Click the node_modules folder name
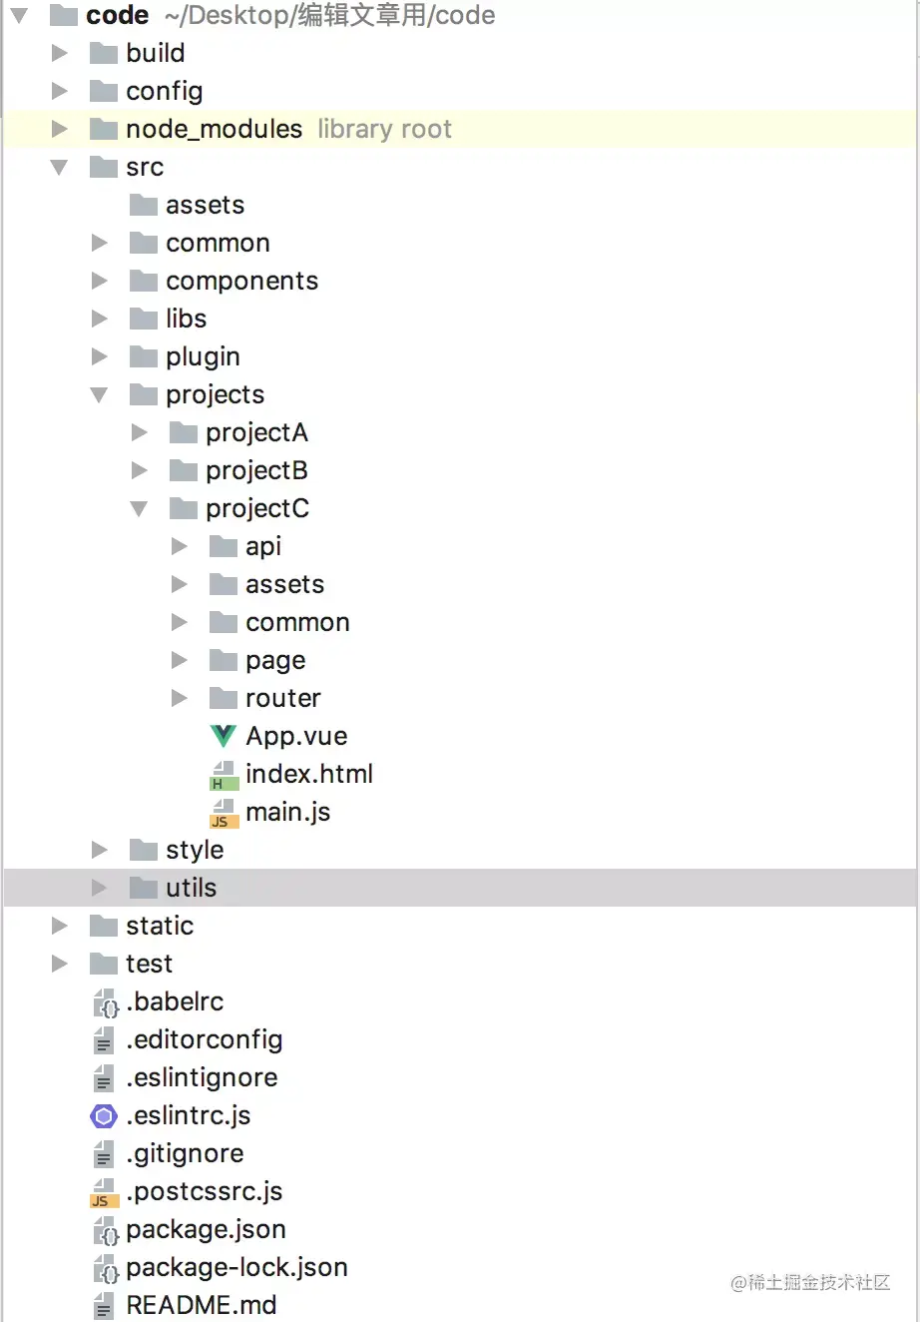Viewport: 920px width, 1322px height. coord(214,129)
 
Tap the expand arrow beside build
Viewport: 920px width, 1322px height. coord(60,53)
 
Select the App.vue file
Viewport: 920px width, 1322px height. coord(296,736)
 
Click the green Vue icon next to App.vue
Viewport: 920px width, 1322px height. coord(224,736)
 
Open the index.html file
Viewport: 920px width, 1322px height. coord(308,774)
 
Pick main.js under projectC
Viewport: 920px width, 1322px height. coord(287,812)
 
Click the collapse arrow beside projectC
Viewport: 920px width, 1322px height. coord(139,509)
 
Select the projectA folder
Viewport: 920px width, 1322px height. coord(256,432)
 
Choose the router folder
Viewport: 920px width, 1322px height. coord(282,698)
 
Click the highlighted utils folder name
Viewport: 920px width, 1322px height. coord(191,888)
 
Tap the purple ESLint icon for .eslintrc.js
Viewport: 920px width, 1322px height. coord(104,1115)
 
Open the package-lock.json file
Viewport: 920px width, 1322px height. coord(236,1267)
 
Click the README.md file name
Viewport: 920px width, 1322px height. coord(201,1305)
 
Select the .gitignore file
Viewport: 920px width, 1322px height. coord(185,1153)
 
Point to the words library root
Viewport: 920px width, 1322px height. coord(384,129)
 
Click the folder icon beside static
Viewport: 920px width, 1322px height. coord(104,926)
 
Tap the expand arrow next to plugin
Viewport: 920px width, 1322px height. coord(99,356)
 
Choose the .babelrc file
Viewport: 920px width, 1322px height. coord(175,1001)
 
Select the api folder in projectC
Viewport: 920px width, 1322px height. coord(263,546)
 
